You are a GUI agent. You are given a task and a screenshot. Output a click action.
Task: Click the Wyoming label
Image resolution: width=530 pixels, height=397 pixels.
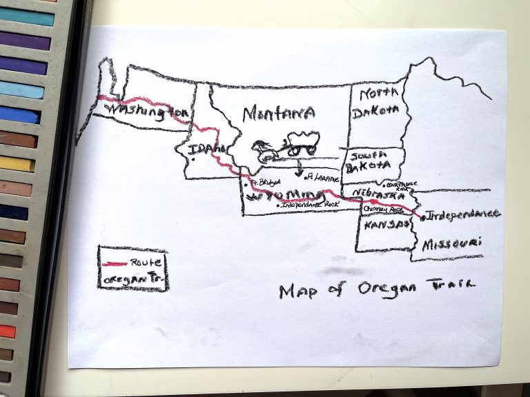click(282, 192)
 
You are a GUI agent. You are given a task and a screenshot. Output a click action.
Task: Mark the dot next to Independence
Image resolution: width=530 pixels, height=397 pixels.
click(422, 218)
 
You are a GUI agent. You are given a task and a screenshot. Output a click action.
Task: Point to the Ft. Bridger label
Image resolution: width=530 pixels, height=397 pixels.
click(266, 183)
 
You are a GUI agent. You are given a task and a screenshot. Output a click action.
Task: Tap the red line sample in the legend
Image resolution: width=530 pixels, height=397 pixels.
click(115, 263)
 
